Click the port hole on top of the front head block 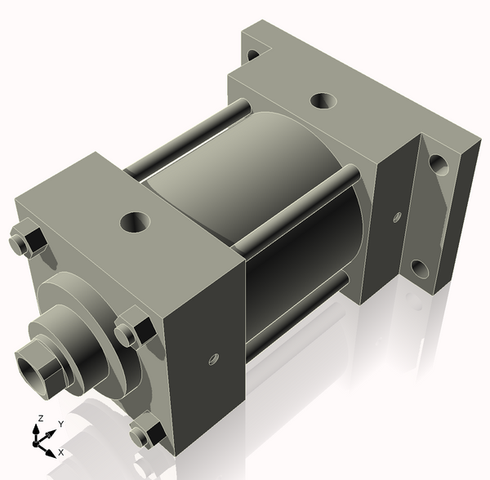click(133, 221)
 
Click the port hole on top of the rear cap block click(323, 102)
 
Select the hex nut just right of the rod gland click(131, 331)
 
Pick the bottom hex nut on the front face click(146, 430)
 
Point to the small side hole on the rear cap click(397, 216)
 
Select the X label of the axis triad click(61, 451)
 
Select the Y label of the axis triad click(60, 424)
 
